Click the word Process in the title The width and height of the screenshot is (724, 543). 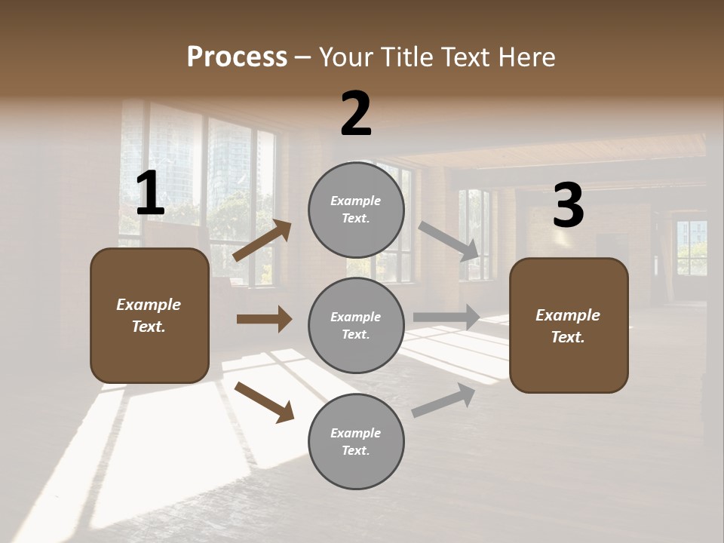[x=237, y=57]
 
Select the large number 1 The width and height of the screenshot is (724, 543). [x=150, y=194]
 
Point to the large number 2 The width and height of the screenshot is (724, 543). [x=356, y=114]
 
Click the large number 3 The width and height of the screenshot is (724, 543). [x=568, y=206]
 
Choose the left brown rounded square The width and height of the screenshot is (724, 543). [x=149, y=315]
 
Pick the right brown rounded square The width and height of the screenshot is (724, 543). [x=569, y=325]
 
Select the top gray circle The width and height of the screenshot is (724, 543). [x=356, y=210]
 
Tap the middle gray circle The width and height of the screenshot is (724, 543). [x=356, y=325]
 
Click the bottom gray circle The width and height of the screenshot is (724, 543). [x=356, y=441]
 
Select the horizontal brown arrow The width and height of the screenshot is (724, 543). [x=264, y=319]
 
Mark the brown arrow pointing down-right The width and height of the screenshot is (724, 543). [x=264, y=402]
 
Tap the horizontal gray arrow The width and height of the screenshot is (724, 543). [x=447, y=317]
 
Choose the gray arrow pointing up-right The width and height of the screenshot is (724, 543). [x=443, y=400]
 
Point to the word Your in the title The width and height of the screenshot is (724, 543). [x=345, y=57]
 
